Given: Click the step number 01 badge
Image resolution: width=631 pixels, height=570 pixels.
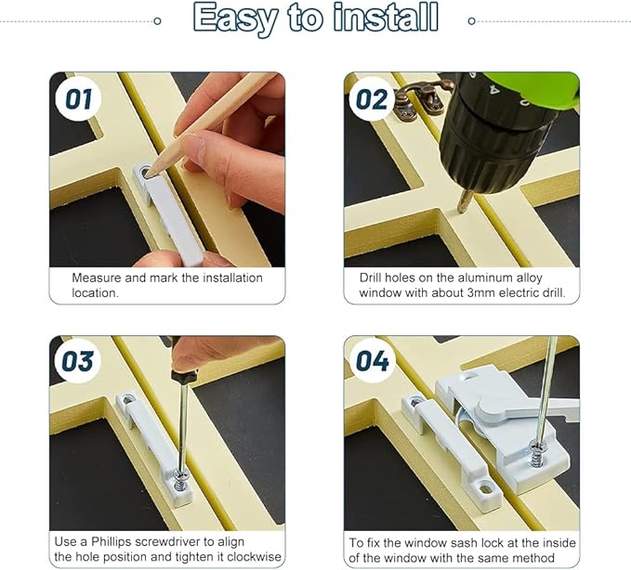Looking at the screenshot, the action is [78, 99].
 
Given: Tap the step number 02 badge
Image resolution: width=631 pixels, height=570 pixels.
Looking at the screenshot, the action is [372, 99].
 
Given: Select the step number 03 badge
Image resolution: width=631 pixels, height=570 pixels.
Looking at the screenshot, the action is [77, 361].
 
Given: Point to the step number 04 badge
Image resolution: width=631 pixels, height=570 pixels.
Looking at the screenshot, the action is [373, 361].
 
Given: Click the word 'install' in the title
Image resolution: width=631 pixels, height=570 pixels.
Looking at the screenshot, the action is [386, 18].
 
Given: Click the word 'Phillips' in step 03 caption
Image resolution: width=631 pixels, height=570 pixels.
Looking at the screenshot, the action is [112, 541].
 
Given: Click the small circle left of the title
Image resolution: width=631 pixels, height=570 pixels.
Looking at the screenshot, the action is [158, 21].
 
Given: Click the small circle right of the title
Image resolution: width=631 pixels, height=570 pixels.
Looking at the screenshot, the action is [472, 21].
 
